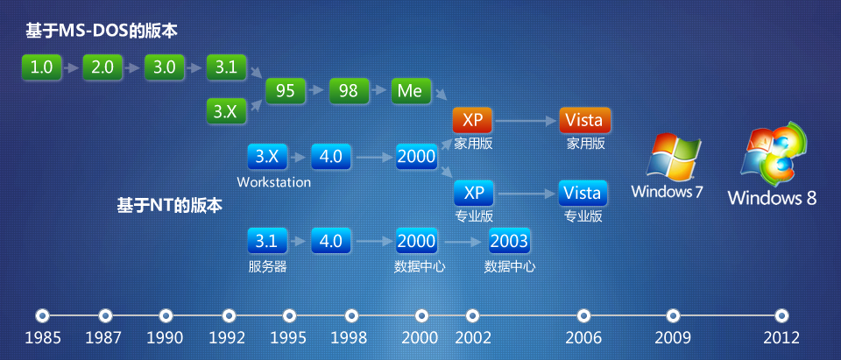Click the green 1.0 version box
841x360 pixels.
tap(41, 67)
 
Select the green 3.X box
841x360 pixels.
tap(226, 111)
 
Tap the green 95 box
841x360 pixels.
tap(286, 90)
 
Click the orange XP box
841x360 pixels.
tap(473, 120)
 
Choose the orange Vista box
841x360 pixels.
tap(583, 120)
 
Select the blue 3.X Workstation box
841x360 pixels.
tap(267, 158)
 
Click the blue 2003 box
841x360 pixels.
tap(509, 240)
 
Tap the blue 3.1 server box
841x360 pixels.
tap(267, 240)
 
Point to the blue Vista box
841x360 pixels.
tap(583, 193)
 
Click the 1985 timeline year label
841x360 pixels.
tap(42, 337)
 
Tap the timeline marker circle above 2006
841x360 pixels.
tap(584, 315)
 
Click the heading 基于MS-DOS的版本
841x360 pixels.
tap(102, 32)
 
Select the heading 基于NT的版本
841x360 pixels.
tap(170, 206)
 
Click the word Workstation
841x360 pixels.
tap(273, 183)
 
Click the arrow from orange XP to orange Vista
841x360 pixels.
tap(526, 120)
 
